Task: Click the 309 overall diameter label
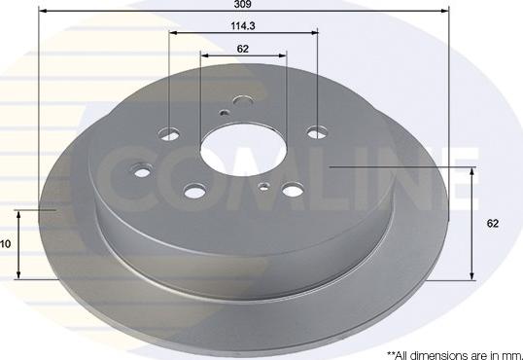242,4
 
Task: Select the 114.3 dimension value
243,25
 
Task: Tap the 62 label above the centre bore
243,49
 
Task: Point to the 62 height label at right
493,223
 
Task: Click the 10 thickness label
6,244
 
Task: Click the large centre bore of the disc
243,150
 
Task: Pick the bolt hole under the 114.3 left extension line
169,134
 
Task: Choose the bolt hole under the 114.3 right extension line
317,133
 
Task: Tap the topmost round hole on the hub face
243,100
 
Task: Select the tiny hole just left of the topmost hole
225,113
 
